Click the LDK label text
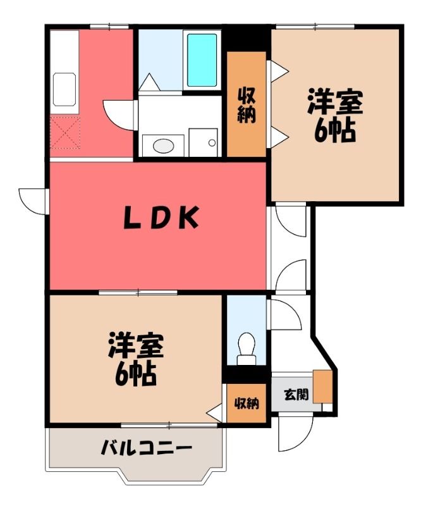point(161,218)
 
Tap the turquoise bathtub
point(202,60)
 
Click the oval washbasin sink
point(164,145)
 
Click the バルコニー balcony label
point(147,448)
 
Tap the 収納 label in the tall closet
point(247,106)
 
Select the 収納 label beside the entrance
point(247,403)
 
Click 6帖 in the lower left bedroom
point(135,374)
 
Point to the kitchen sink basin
point(64,89)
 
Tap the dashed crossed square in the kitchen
point(65,133)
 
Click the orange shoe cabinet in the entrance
point(322,386)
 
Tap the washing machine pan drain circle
point(212,143)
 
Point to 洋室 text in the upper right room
point(335,101)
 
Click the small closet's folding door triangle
point(214,412)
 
